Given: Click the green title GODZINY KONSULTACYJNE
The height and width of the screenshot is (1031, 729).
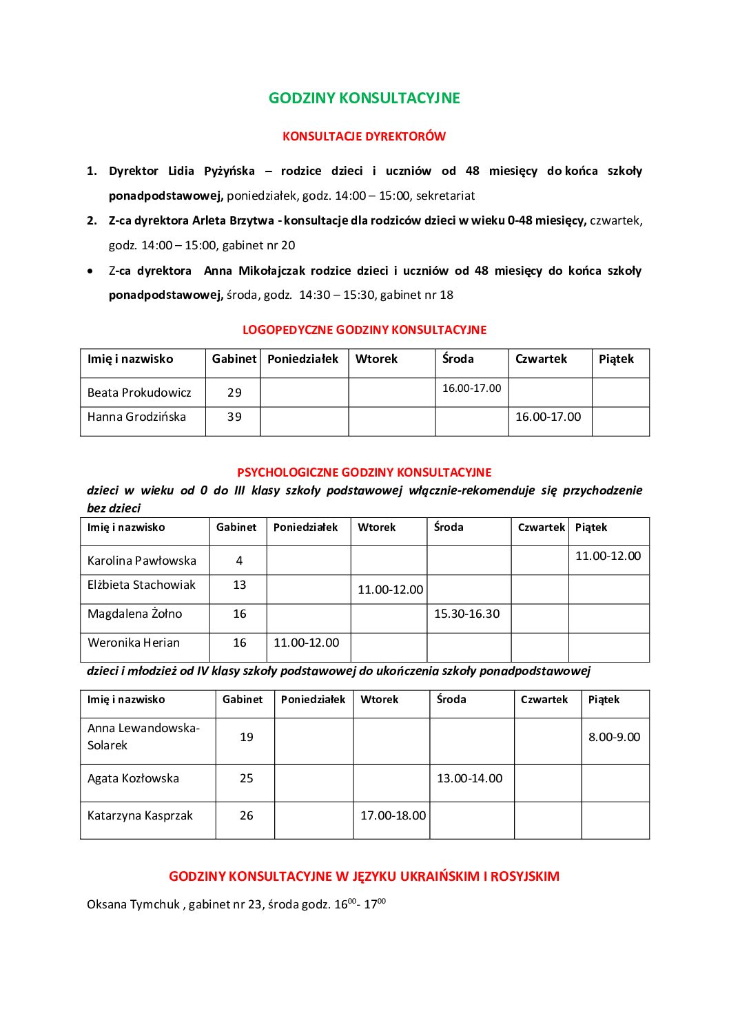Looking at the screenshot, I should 364,98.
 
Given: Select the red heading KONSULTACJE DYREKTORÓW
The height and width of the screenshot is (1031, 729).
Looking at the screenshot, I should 364,136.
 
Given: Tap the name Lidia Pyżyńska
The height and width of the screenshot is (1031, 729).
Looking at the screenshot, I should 212,171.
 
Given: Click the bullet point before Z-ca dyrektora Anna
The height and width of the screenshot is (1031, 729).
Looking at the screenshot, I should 91,271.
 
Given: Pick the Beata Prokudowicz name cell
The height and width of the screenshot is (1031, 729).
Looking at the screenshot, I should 139,393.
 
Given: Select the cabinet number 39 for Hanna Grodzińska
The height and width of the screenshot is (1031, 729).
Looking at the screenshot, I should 234,417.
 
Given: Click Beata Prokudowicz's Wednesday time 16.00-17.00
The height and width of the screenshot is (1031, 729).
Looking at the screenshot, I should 471,388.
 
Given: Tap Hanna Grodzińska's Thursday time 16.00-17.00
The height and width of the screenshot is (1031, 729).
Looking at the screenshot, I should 548,417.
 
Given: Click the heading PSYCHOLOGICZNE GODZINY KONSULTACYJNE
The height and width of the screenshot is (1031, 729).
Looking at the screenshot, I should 364,472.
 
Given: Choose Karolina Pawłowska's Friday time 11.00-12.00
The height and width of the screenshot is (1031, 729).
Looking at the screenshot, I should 608,556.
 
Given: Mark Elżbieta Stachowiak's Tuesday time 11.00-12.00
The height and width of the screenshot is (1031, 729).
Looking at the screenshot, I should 390,590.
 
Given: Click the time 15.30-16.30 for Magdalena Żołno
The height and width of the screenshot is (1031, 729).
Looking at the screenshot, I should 466,614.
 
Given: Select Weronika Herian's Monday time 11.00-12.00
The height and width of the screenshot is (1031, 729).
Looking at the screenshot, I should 306,643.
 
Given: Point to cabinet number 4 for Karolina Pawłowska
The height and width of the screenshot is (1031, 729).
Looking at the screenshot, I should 239,561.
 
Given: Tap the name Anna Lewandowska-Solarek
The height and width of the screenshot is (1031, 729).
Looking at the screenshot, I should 143,736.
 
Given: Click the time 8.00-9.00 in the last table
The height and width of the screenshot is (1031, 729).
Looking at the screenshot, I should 614,737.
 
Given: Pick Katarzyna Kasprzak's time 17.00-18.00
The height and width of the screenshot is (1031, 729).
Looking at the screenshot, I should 393,815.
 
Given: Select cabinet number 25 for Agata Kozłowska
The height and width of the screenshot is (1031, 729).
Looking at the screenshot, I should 246,778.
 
